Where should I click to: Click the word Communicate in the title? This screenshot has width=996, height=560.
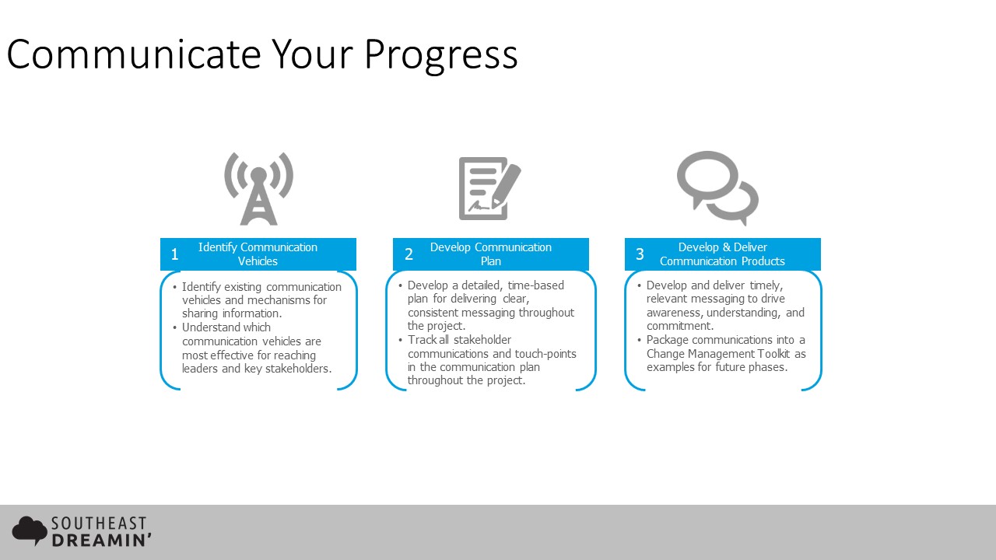tap(133, 54)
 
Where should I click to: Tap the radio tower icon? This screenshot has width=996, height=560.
tap(259, 188)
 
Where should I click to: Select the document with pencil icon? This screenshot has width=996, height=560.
tap(489, 188)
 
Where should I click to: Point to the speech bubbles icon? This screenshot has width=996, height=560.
tap(717, 188)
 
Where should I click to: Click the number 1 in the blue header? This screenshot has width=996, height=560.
tap(175, 254)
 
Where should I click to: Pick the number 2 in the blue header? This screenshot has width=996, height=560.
tap(409, 254)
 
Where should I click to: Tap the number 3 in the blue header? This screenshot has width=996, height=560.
tap(640, 254)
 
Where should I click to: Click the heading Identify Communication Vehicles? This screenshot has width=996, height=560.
tap(258, 254)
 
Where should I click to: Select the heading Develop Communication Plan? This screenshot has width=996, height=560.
tap(491, 254)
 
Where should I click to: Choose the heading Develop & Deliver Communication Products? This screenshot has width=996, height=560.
tap(723, 254)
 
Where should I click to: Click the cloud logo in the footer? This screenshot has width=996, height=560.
tap(30, 530)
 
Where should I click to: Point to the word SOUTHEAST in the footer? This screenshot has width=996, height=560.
tap(99, 523)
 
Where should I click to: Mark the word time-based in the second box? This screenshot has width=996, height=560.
tap(536, 285)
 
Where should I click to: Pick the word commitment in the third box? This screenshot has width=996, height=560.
tap(680, 326)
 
